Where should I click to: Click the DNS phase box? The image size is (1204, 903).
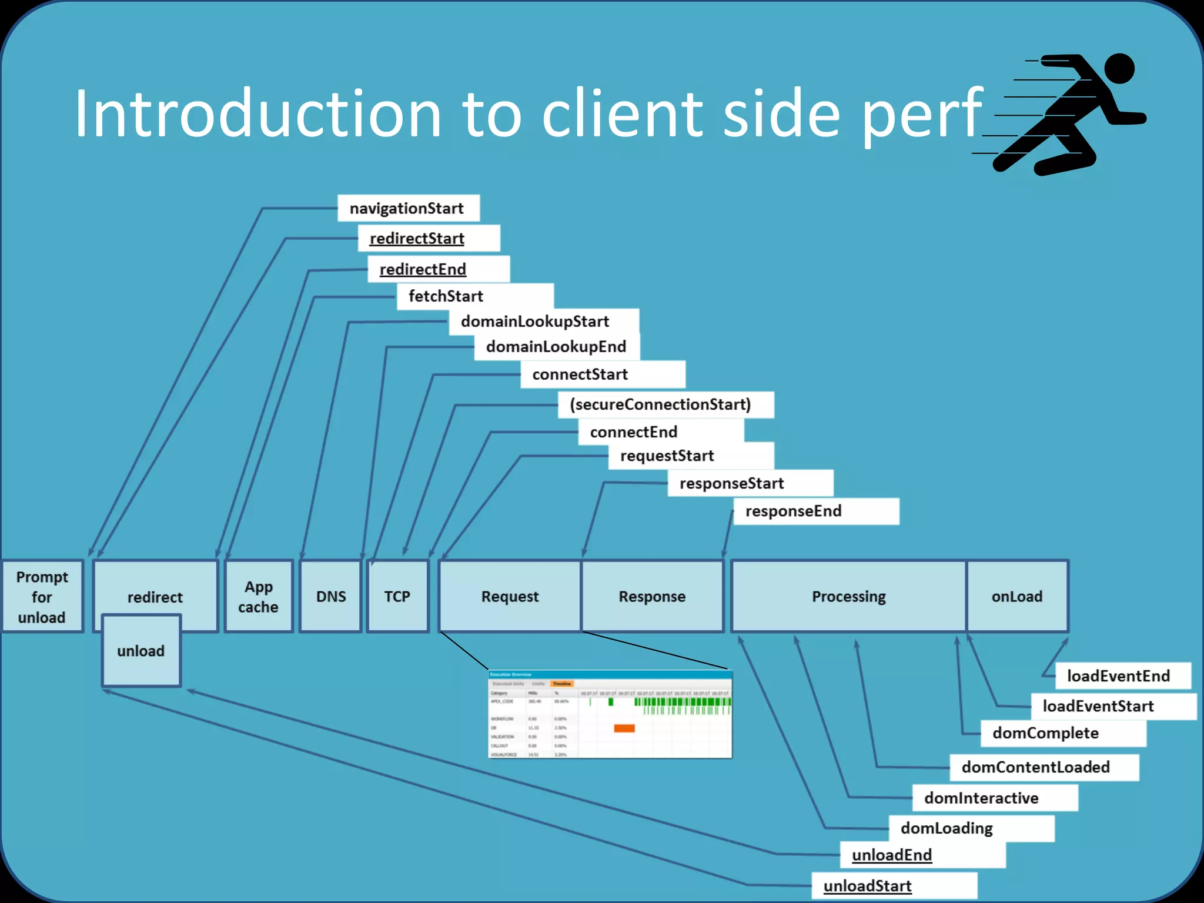(x=330, y=597)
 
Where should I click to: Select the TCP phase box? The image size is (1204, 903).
(x=397, y=597)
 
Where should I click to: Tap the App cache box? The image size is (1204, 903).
(x=259, y=597)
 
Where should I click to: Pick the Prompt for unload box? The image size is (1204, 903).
(x=42, y=597)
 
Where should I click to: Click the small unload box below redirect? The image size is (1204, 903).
(x=141, y=651)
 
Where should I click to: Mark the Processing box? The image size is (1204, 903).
(x=848, y=597)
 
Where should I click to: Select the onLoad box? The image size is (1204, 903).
(x=1017, y=597)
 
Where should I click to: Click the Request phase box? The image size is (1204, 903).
(x=510, y=597)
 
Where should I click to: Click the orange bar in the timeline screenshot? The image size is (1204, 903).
(x=624, y=728)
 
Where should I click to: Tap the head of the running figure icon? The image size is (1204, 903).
(x=1119, y=68)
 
